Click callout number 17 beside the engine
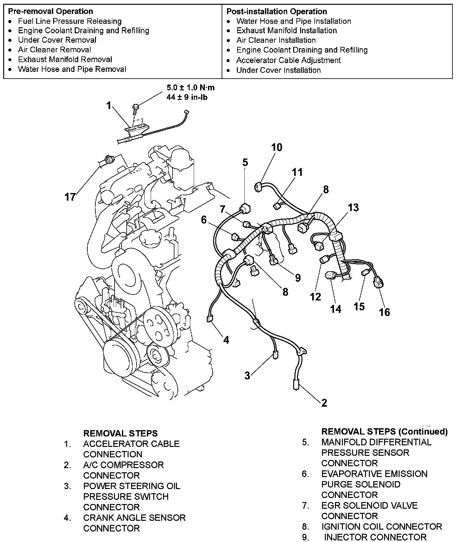70,197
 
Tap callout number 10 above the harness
276,147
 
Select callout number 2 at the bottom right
324,403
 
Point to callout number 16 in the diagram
384,312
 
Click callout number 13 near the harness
353,207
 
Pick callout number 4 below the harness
226,340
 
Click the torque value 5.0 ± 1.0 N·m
190,88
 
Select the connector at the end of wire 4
209,319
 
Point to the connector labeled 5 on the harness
245,209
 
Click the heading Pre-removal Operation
50,11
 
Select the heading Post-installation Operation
276,11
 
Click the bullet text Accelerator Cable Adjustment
288,60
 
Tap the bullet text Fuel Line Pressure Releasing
70,21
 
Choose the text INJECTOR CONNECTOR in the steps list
375,537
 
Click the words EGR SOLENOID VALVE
369,506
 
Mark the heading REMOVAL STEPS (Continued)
384,431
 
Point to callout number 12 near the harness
315,297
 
